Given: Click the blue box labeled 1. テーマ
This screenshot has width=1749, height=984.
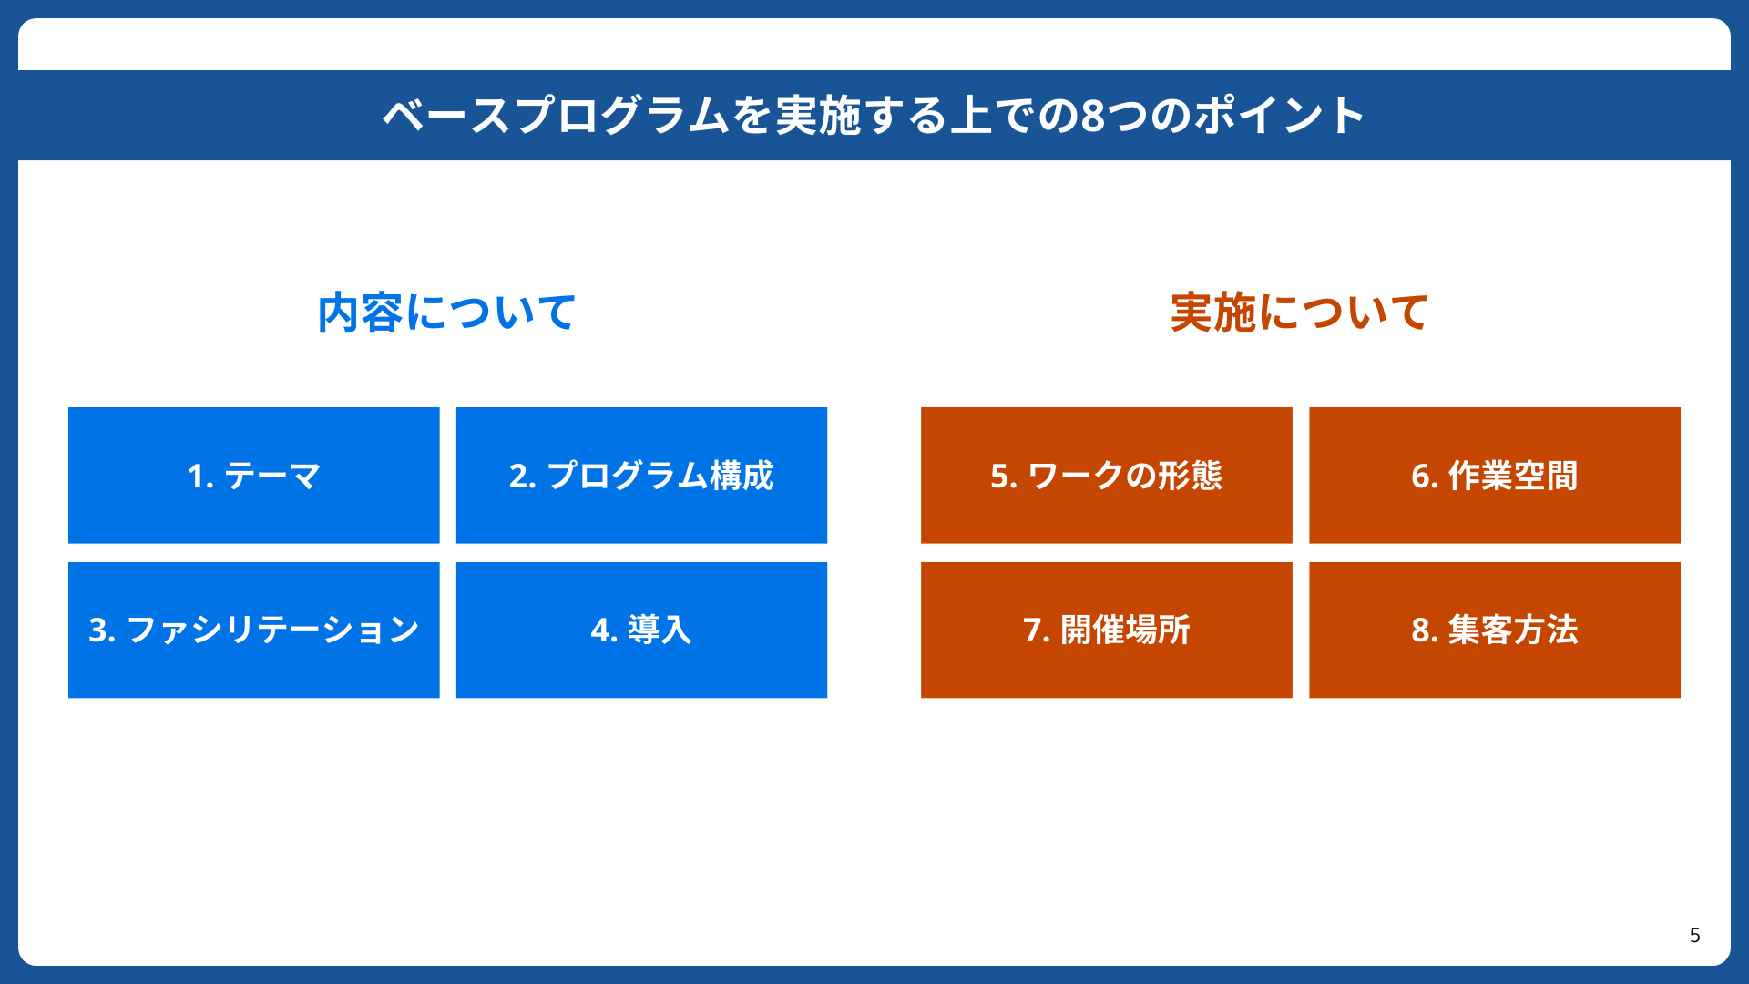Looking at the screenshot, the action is click(x=253, y=475).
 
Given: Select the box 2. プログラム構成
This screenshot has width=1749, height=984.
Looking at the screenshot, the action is click(x=641, y=475).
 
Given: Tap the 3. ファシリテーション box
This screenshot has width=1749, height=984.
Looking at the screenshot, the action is click(x=253, y=630).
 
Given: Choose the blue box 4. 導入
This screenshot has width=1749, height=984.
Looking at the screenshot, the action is click(x=641, y=630).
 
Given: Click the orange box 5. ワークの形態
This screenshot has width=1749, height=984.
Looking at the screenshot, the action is click(x=1106, y=475).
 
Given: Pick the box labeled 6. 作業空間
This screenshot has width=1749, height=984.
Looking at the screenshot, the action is click(x=1494, y=475).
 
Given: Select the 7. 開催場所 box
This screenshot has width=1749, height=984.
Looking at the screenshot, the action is click(x=1106, y=630).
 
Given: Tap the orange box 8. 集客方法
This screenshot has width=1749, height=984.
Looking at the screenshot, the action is click(x=1494, y=630).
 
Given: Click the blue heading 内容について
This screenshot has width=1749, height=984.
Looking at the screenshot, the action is click(x=446, y=313).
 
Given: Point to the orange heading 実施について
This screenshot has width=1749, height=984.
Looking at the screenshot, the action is click(x=1300, y=313).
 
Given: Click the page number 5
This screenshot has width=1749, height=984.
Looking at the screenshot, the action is click(x=1694, y=936).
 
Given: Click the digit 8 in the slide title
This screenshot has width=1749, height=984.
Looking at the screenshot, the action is click(x=1093, y=116).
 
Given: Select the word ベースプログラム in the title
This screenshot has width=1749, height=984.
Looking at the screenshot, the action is click(x=557, y=116).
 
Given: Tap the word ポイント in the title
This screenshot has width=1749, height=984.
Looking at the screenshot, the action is click(x=1279, y=116).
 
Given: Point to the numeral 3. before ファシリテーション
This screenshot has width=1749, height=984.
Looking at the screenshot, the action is click(x=102, y=630).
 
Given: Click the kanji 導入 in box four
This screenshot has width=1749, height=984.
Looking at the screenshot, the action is click(x=660, y=630).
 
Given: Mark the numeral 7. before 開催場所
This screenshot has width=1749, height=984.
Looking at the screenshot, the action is click(x=1037, y=630).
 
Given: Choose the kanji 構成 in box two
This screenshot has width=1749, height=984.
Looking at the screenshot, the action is click(x=742, y=476).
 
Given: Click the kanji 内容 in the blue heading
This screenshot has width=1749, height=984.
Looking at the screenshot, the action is click(x=360, y=313).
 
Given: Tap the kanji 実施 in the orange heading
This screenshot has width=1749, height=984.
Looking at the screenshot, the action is click(x=1213, y=313).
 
